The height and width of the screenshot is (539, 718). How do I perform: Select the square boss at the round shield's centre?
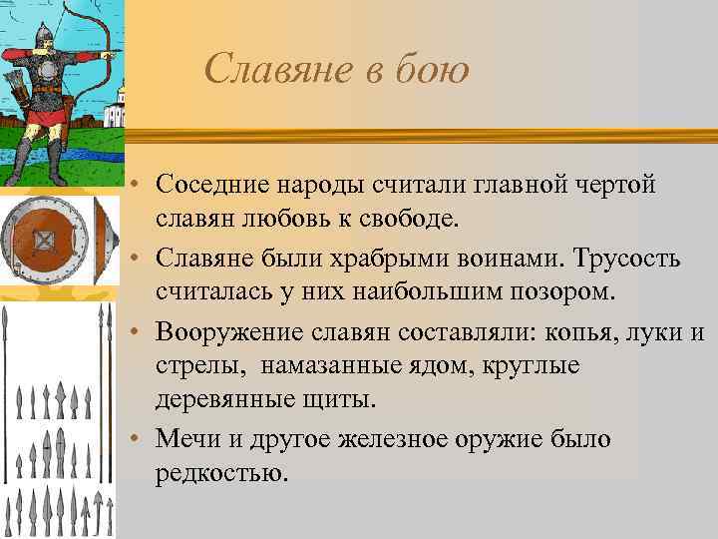(x=44, y=240)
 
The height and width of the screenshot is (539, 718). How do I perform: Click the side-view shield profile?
(x=102, y=241)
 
